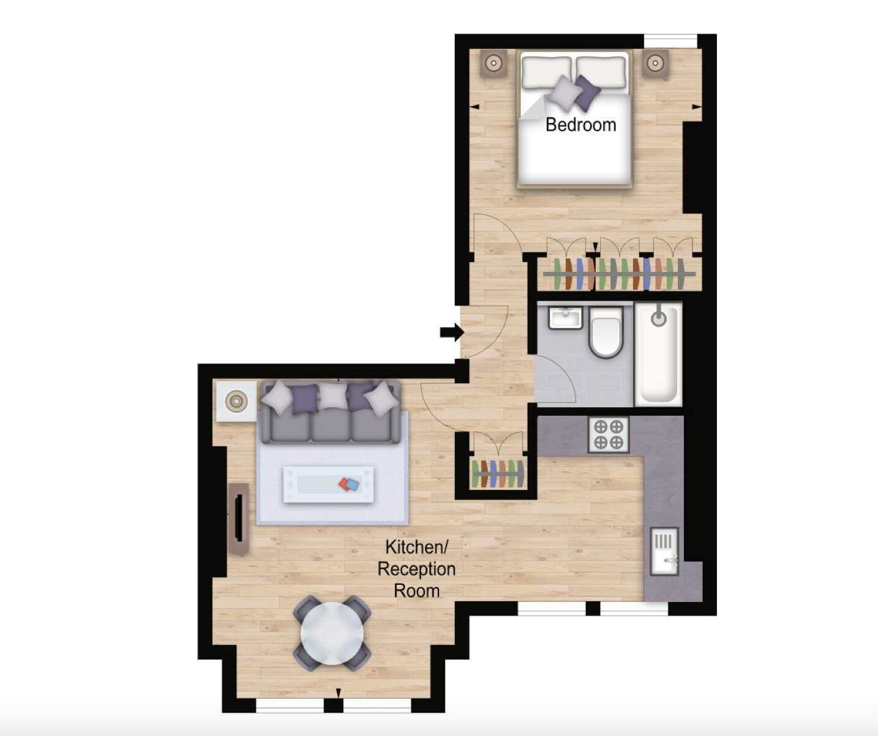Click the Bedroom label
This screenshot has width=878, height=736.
tap(580, 125)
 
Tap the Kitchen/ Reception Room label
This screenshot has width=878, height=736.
tap(416, 569)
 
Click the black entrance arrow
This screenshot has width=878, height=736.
tap(452, 332)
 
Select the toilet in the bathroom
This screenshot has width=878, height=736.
tap(606, 332)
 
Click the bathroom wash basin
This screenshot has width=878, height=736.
tap(566, 318)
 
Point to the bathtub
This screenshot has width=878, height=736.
tap(658, 354)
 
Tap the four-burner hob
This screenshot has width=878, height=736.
tap(608, 435)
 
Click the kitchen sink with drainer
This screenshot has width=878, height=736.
tap(664, 551)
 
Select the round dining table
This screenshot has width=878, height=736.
tap(332, 633)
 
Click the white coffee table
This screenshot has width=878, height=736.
tap(328, 484)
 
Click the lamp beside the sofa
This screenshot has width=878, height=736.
tap(236, 401)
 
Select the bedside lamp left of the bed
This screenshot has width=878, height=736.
tap(493, 63)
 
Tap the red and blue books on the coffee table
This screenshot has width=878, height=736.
tap(349, 485)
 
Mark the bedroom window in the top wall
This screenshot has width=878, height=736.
tap(670, 42)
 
